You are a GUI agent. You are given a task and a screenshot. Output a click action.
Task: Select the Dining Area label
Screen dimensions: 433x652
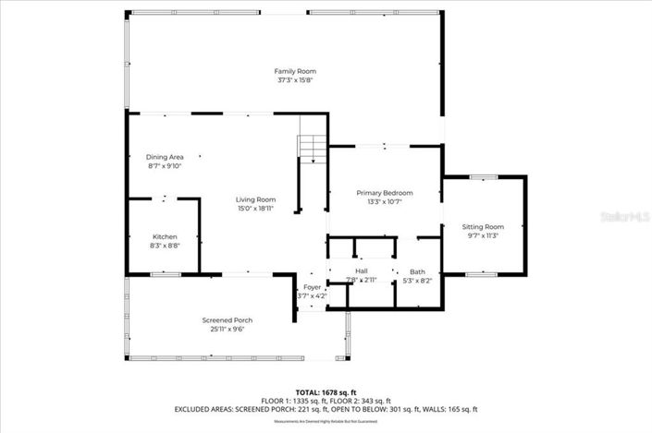pyautogui.click(x=165, y=157)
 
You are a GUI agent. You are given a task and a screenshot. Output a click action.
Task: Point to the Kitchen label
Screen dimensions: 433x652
pyautogui.click(x=165, y=236)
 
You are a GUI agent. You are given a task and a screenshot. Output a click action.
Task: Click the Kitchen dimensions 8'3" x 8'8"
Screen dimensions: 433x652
pyautogui.click(x=165, y=247)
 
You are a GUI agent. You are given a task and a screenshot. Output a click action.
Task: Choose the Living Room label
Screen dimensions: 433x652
pyautogui.click(x=255, y=199)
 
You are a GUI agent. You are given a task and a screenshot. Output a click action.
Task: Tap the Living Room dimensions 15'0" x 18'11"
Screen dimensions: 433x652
pyautogui.click(x=255, y=209)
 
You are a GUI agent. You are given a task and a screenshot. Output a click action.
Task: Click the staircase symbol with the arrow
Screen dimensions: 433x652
pyautogui.click(x=314, y=150)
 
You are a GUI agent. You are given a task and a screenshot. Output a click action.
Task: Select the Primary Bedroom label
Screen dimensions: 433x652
pyautogui.click(x=385, y=192)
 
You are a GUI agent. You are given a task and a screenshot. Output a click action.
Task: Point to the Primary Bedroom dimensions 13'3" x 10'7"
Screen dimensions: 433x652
pyautogui.click(x=385, y=201)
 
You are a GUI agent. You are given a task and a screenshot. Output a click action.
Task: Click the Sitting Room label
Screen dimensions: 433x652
pyautogui.click(x=483, y=226)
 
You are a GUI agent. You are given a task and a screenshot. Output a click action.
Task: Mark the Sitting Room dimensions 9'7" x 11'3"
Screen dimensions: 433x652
pyautogui.click(x=483, y=235)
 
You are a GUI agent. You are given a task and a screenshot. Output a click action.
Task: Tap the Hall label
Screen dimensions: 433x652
pyautogui.click(x=362, y=271)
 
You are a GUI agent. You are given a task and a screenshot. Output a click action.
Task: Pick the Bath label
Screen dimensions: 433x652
pyautogui.click(x=418, y=271)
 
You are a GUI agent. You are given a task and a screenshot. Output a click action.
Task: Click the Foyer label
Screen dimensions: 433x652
pyautogui.click(x=313, y=287)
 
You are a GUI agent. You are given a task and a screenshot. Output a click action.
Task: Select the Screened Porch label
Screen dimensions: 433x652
pyautogui.click(x=228, y=320)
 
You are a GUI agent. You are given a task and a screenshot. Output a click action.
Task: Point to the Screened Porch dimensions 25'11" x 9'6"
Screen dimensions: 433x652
pyautogui.click(x=228, y=330)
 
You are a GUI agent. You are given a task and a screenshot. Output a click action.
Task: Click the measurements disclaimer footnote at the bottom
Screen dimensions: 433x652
pyautogui.click(x=326, y=421)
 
